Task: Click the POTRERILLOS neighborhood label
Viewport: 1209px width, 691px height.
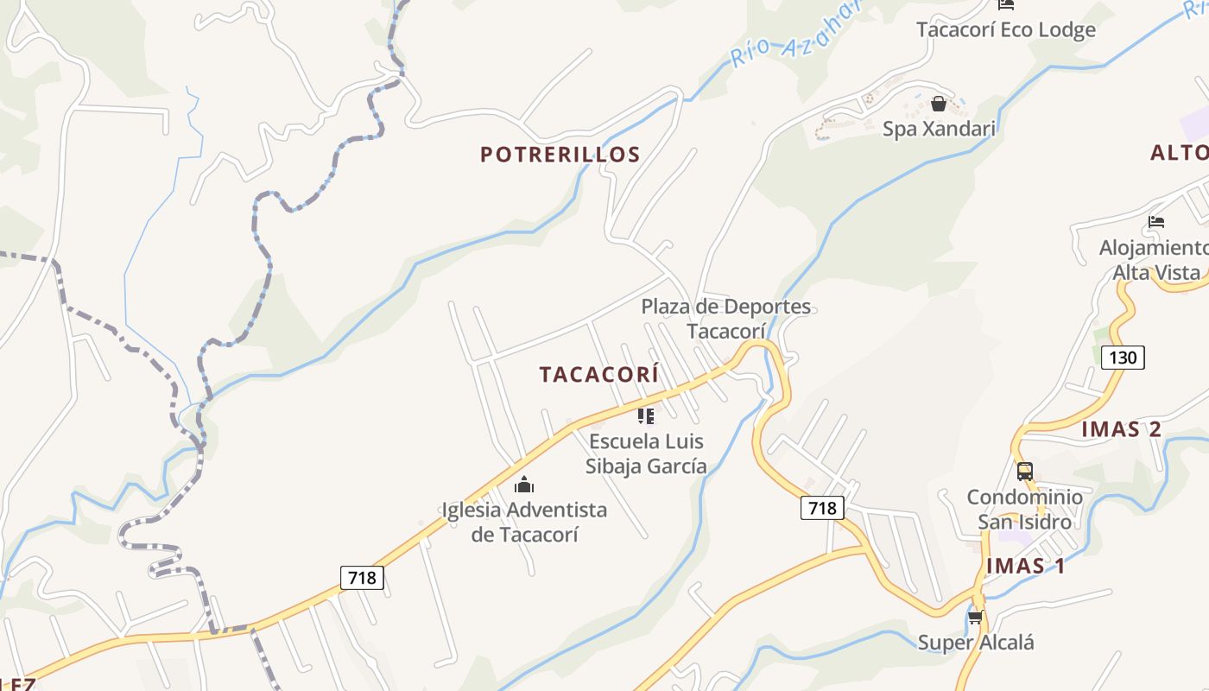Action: (x=560, y=155)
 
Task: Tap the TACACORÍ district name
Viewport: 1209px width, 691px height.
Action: (x=598, y=374)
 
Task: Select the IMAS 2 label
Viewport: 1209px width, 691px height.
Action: (x=1121, y=429)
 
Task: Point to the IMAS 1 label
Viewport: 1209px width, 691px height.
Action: (x=1025, y=566)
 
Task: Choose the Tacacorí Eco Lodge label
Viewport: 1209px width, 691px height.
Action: (x=1005, y=29)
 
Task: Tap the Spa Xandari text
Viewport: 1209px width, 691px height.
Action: (x=939, y=129)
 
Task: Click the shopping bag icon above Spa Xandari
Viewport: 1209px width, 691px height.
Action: (x=939, y=105)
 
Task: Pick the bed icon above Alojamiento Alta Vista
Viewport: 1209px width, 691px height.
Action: (x=1156, y=222)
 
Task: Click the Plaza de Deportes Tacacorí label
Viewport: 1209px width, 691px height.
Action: (x=725, y=319)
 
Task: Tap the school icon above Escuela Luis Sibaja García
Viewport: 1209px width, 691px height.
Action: (x=645, y=416)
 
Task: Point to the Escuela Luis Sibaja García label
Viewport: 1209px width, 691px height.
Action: (x=646, y=453)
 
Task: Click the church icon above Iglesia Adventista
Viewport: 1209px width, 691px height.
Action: (x=523, y=485)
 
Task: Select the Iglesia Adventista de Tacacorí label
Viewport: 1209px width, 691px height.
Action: (x=524, y=522)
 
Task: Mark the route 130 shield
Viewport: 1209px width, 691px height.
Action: (x=1123, y=356)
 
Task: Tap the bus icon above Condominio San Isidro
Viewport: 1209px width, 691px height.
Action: (x=1025, y=472)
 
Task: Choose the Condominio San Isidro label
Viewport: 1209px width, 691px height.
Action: (x=1024, y=510)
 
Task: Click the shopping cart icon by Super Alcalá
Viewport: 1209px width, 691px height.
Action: (x=975, y=617)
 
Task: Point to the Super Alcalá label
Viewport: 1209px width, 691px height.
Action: (x=975, y=643)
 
